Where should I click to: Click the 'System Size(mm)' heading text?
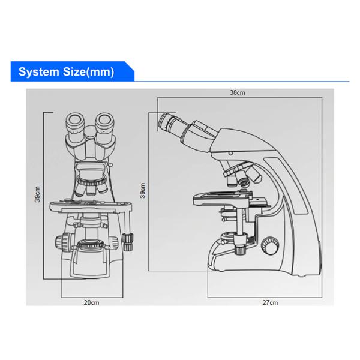pos(65,73)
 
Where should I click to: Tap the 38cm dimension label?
pos(237,93)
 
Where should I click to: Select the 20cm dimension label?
pos(91,302)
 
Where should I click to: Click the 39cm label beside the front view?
pos(37,193)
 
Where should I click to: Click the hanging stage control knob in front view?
pos(127,239)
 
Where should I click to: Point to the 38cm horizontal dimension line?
pos(237,98)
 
